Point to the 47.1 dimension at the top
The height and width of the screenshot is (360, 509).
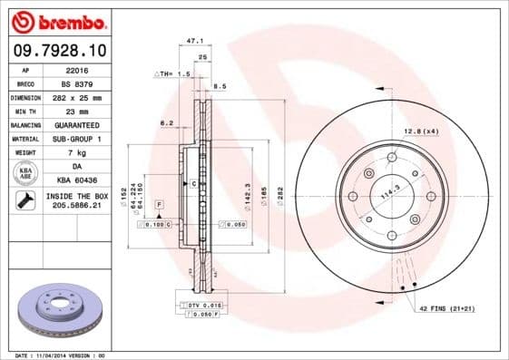(192, 41)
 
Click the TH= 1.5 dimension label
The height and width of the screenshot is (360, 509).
(173, 73)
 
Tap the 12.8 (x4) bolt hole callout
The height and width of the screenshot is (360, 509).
(420, 131)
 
